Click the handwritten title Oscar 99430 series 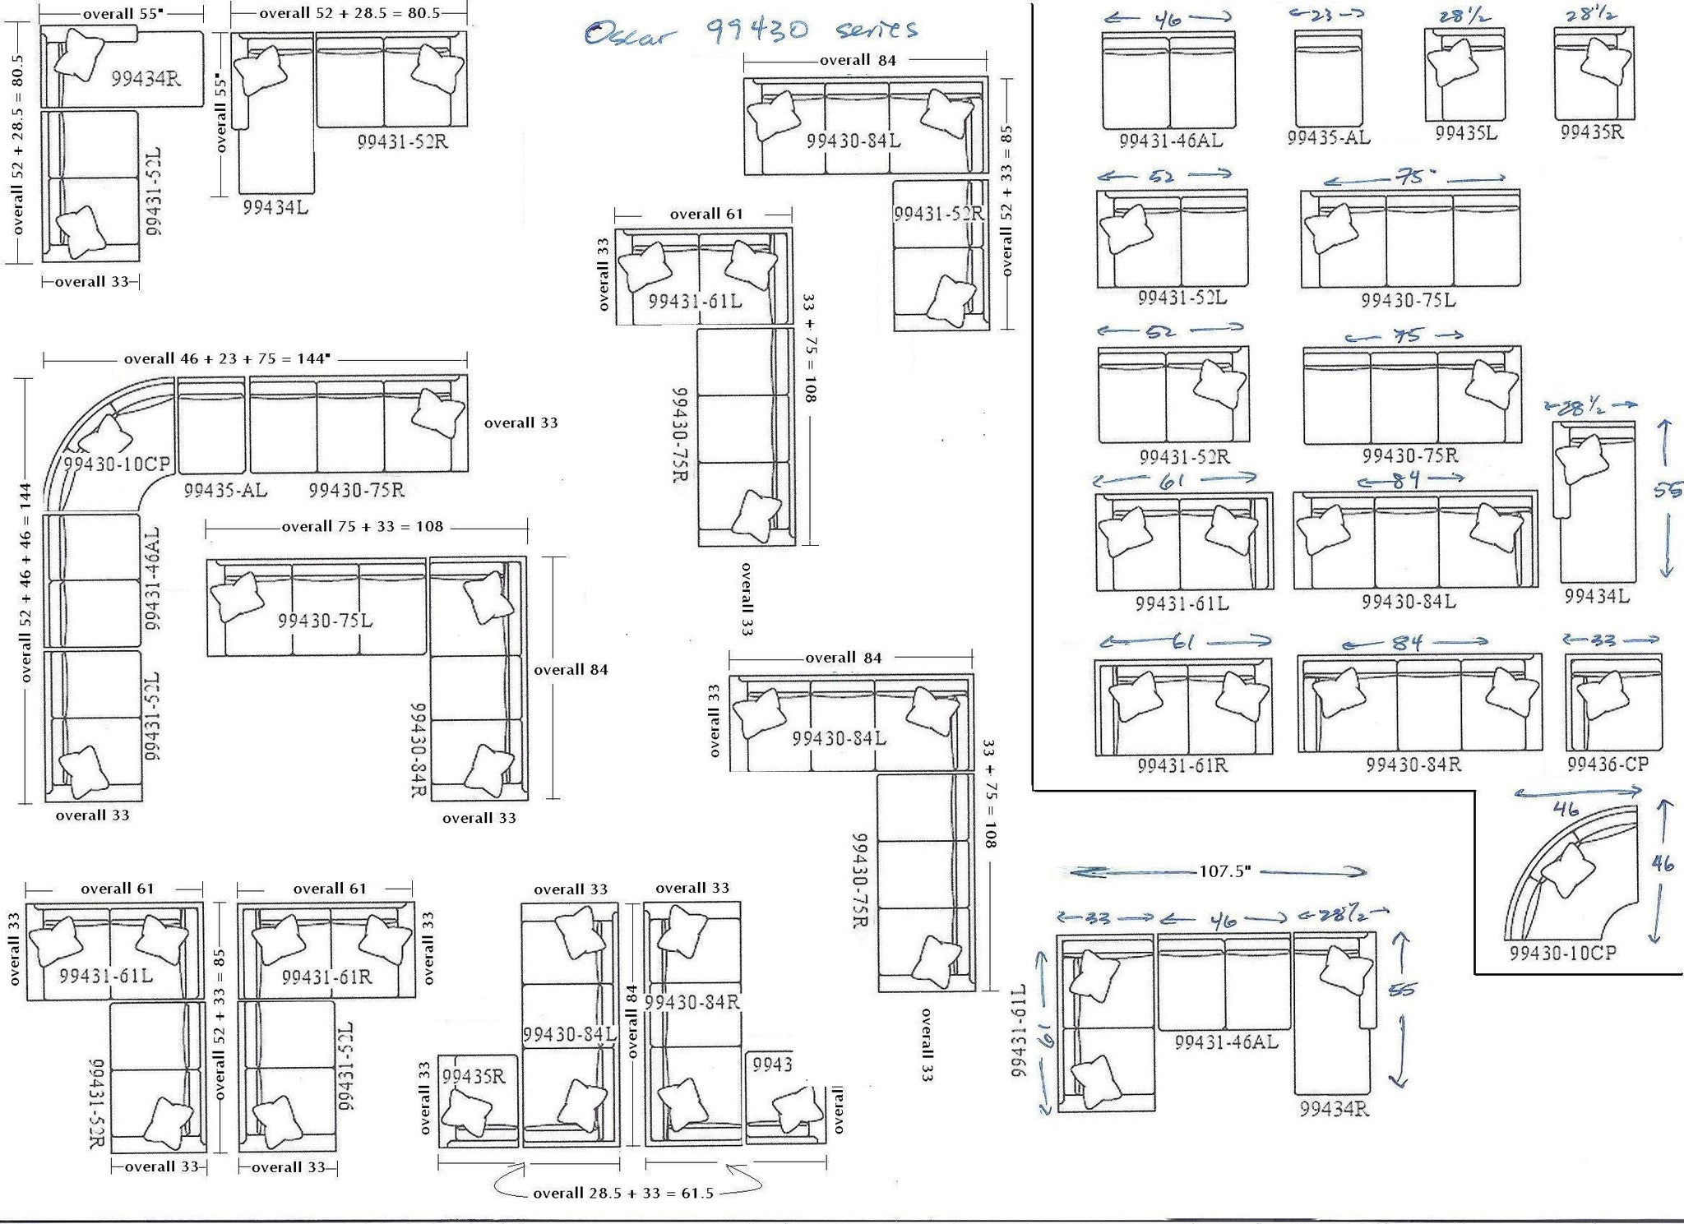point(750,31)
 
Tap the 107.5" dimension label point(1224,871)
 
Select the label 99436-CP point(1607,764)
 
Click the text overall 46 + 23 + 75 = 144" point(227,359)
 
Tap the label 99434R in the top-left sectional point(146,79)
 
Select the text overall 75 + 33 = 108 point(362,526)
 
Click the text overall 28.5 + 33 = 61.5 point(622,1193)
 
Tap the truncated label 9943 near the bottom point(771,1065)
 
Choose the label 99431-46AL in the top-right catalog point(1170,141)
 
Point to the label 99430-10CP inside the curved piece point(116,464)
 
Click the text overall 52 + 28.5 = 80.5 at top point(349,13)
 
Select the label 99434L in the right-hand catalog point(1596,596)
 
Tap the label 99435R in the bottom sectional point(474,1076)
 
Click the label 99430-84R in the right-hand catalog point(1413,764)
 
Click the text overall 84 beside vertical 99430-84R point(571,670)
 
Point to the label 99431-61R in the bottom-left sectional point(326,977)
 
